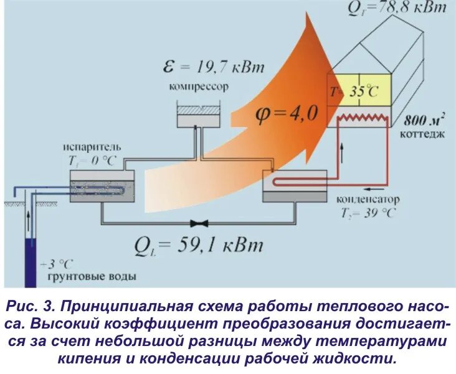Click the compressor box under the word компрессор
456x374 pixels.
197,115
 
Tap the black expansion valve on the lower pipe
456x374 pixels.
200,223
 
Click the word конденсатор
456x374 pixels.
368,200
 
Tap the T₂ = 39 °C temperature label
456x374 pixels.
368,213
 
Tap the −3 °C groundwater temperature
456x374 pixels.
57,263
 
